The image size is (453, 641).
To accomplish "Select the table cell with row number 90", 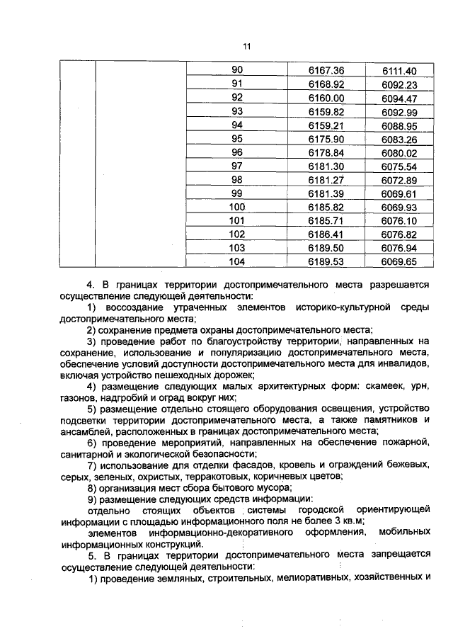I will tap(236, 70).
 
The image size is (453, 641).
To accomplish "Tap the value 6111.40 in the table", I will tap(399, 71).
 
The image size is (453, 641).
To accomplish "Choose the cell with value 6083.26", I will tap(399, 139).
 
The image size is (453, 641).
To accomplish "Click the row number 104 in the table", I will tap(236, 261).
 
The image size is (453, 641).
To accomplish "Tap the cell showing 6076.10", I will tap(399, 220).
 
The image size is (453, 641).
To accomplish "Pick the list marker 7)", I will tap(91, 465).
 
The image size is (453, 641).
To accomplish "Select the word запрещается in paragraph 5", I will tap(400, 556).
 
